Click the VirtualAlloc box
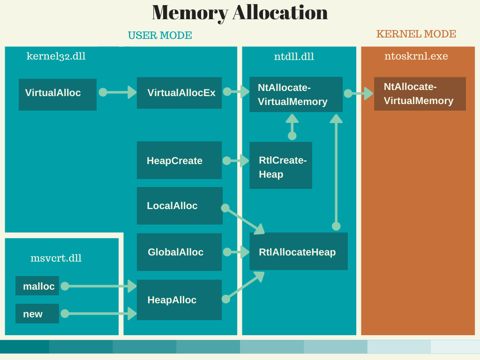(57, 94)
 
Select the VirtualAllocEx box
(179, 93)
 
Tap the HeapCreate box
(179, 160)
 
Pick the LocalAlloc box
(179, 206)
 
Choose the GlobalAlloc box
(179, 252)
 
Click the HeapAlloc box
(179, 300)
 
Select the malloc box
(37, 286)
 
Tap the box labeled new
(37, 314)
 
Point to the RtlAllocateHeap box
(298, 252)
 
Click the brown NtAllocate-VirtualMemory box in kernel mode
(420, 94)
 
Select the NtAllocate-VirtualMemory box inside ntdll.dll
(295, 94)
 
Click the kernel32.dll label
(56, 56)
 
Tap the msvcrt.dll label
(56, 258)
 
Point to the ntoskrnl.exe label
(416, 56)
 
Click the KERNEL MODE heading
(416, 34)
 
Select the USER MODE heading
(160, 36)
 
